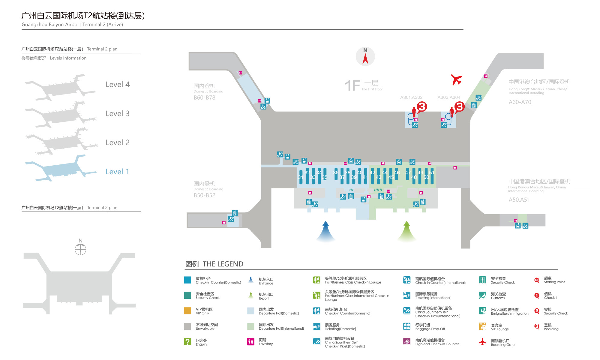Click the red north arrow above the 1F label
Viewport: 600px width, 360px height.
(x=365, y=58)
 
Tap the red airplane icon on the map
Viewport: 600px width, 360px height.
(x=456, y=80)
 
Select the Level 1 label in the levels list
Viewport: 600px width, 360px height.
(x=117, y=172)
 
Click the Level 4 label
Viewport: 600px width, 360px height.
(x=117, y=85)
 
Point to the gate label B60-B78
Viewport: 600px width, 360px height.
(x=204, y=97)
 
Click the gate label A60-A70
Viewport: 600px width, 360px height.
(x=520, y=102)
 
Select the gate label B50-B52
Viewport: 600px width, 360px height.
(x=204, y=195)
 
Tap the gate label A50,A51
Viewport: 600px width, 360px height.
(x=519, y=200)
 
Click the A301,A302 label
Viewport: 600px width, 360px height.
(x=411, y=97)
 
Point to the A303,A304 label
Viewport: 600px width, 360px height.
(x=448, y=97)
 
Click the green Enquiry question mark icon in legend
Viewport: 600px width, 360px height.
(x=187, y=342)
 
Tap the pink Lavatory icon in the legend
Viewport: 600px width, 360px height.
(x=250, y=342)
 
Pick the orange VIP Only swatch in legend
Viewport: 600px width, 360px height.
(x=187, y=311)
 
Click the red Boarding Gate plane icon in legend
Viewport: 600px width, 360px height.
(x=482, y=342)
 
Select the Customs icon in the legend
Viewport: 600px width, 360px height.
(x=482, y=295)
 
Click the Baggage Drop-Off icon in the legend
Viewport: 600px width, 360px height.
(x=407, y=326)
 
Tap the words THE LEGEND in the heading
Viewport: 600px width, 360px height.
(x=223, y=264)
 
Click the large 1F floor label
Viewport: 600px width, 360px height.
(x=352, y=85)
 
